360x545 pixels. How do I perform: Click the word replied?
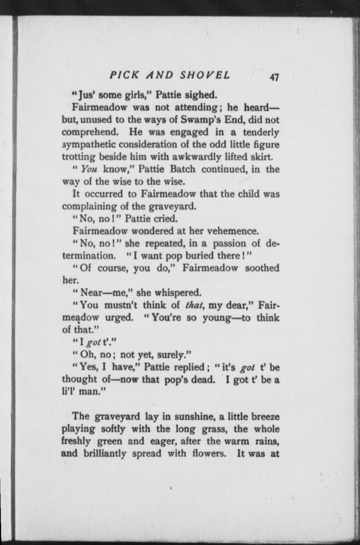(188, 367)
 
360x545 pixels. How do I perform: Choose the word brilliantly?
(105, 454)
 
